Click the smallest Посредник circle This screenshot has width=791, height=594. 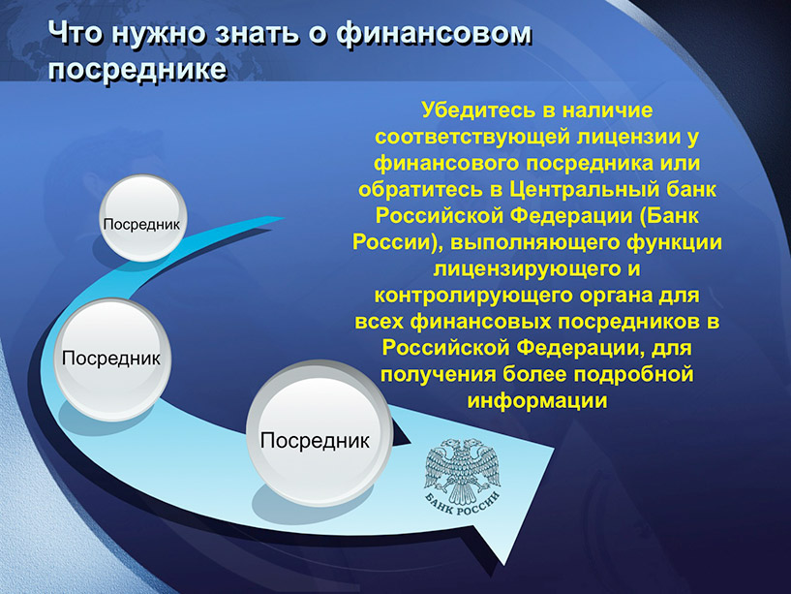(142, 218)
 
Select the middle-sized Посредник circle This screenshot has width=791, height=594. (112, 360)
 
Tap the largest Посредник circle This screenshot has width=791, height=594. (319, 433)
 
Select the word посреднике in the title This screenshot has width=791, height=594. (137, 69)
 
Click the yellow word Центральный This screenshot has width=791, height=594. (584, 190)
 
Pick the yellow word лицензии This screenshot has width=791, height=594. (627, 138)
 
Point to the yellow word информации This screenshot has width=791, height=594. (537, 401)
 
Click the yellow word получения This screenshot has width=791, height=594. (439, 375)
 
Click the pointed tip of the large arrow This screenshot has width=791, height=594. (504, 564)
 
